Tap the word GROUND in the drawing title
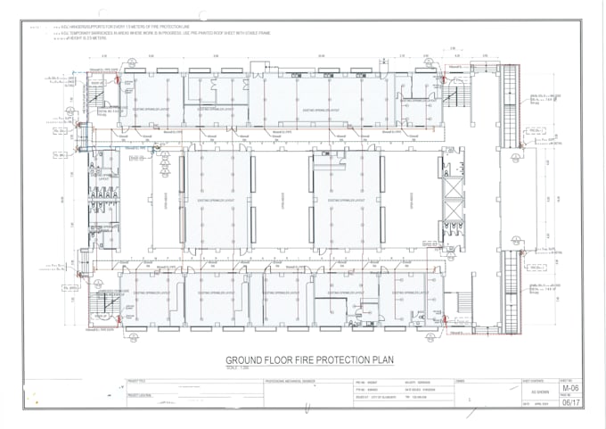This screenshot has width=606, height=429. pyautogui.click(x=247, y=361)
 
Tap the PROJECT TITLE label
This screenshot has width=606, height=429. pyautogui.click(x=137, y=381)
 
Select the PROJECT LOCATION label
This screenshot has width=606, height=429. pyautogui.click(x=140, y=394)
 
